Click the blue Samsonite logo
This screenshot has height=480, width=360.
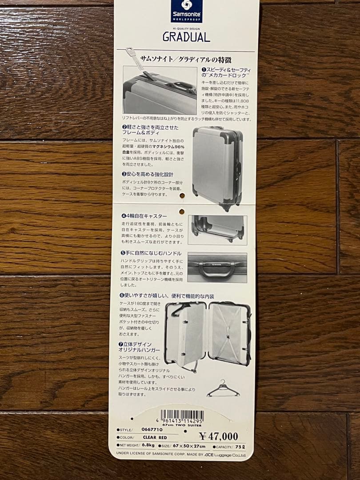click(187, 11)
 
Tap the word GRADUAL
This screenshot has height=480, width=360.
click(186, 37)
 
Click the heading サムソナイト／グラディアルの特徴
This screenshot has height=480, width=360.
click(185, 59)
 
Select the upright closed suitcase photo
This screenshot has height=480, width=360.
click(217, 167)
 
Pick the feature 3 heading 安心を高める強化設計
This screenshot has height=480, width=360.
click(148, 174)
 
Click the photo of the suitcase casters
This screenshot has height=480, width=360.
click(217, 230)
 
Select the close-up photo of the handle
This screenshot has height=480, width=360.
click(217, 268)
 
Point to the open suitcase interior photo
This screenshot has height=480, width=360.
click(208, 335)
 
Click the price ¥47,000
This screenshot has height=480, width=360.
click(218, 436)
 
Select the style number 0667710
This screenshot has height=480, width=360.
click(152, 429)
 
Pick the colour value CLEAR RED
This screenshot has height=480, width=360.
click(155, 437)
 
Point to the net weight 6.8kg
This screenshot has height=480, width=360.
click(148, 445)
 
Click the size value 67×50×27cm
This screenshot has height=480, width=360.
click(190, 445)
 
